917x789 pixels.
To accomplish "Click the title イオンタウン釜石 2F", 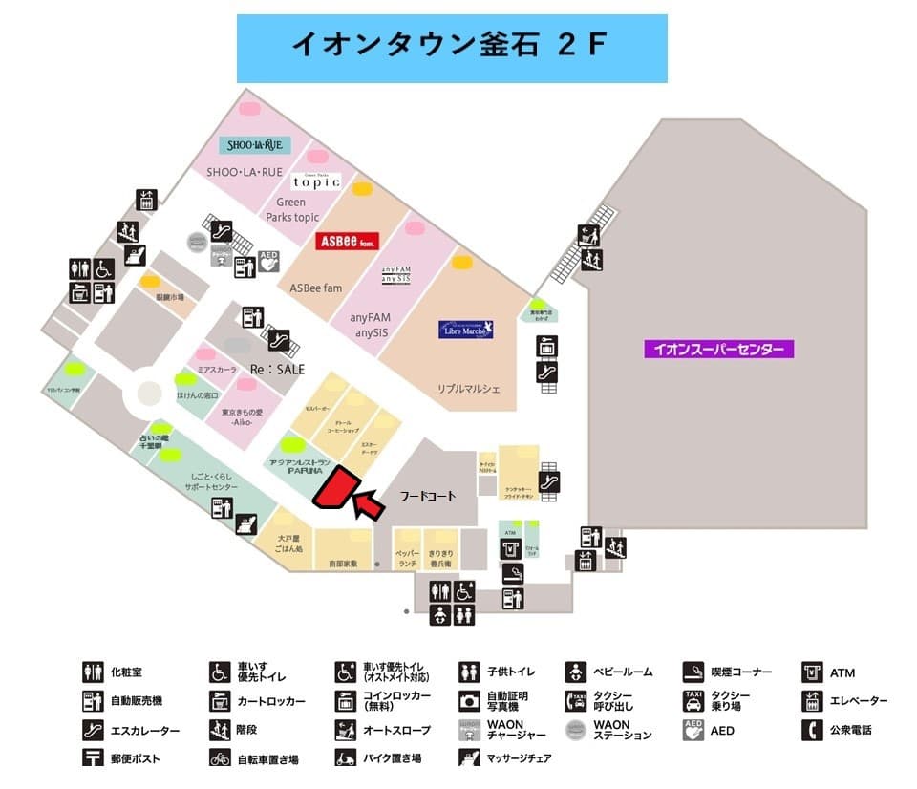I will coord(451,46).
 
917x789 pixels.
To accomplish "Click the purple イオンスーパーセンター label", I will coord(718,349).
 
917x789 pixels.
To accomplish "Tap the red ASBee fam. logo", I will coord(349,241).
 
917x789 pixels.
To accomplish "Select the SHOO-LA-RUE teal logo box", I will coord(255,145).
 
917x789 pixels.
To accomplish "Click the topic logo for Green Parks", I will coord(316,181).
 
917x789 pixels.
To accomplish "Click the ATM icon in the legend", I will coord(813,672).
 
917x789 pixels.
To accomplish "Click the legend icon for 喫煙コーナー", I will coord(693,672).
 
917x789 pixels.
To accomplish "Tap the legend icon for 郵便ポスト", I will coord(93,758).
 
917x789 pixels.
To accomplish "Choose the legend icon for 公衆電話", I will coord(813,730).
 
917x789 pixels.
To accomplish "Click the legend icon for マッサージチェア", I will coord(469,758).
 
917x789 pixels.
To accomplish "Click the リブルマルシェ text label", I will coord(469,389).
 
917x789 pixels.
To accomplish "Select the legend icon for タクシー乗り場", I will coord(693,701).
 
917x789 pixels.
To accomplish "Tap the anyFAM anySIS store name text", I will coord(372,326).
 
